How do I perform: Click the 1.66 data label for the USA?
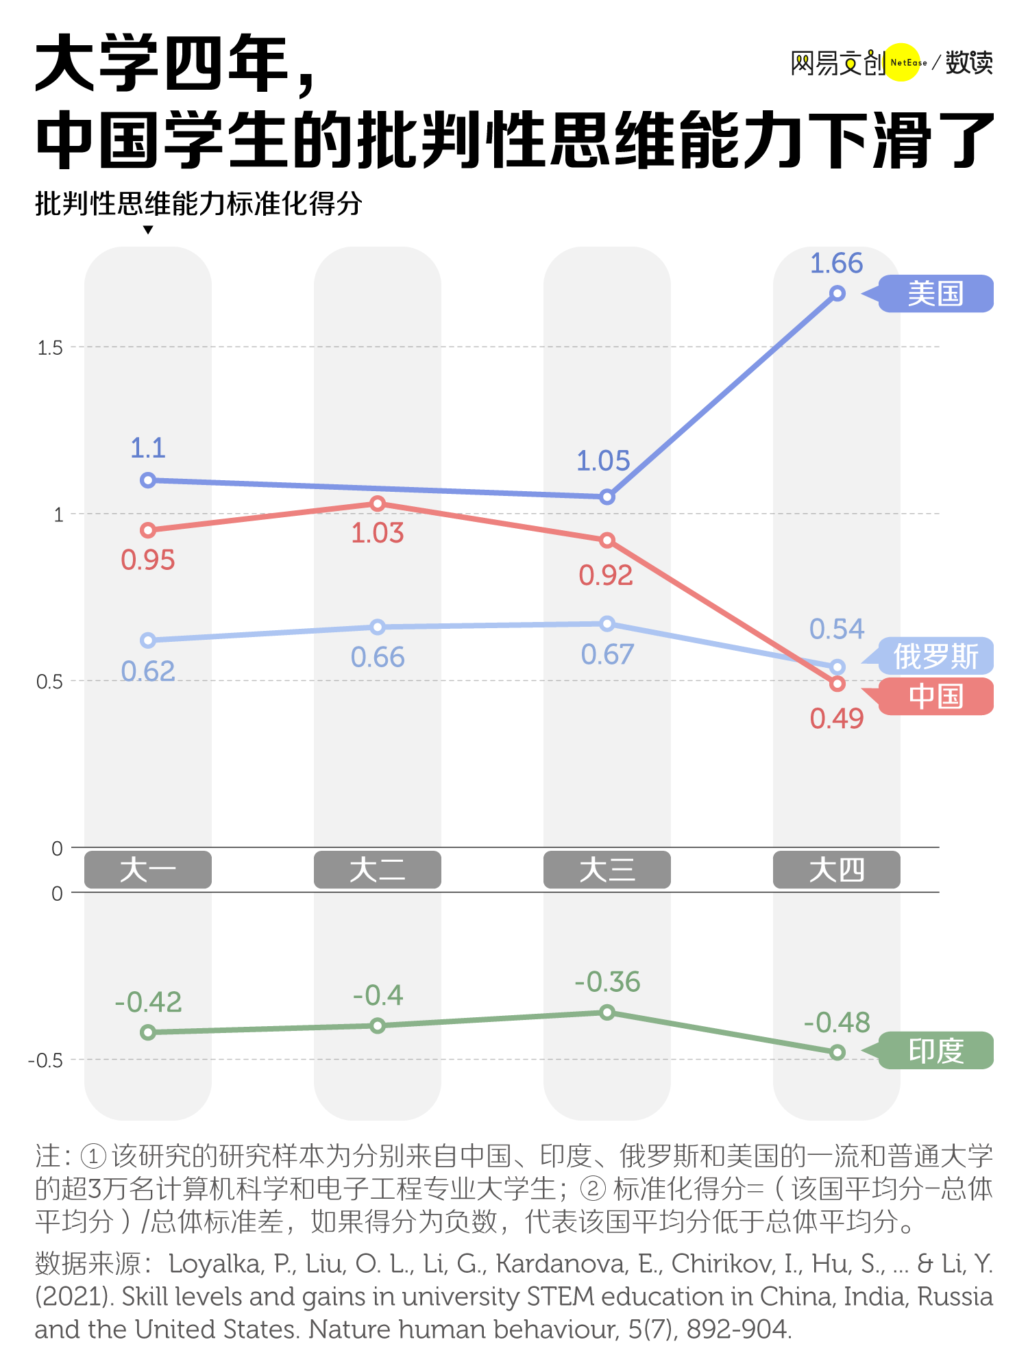836,264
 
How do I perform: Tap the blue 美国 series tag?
935,294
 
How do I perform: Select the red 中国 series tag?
935,697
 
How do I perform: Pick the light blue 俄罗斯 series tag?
935,656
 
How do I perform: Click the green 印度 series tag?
935,1050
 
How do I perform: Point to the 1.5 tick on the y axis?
50,348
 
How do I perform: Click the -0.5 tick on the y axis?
45,1061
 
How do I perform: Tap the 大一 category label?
147,870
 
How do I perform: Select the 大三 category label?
607,870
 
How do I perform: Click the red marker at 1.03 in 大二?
378,504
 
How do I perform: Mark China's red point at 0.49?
837,684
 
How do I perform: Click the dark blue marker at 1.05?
607,497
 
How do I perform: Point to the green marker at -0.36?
607,1012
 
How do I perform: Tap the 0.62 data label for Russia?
148,671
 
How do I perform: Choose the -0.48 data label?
837,1023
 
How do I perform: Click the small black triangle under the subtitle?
148,230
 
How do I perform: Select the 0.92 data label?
606,575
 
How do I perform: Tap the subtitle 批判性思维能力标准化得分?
199,203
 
